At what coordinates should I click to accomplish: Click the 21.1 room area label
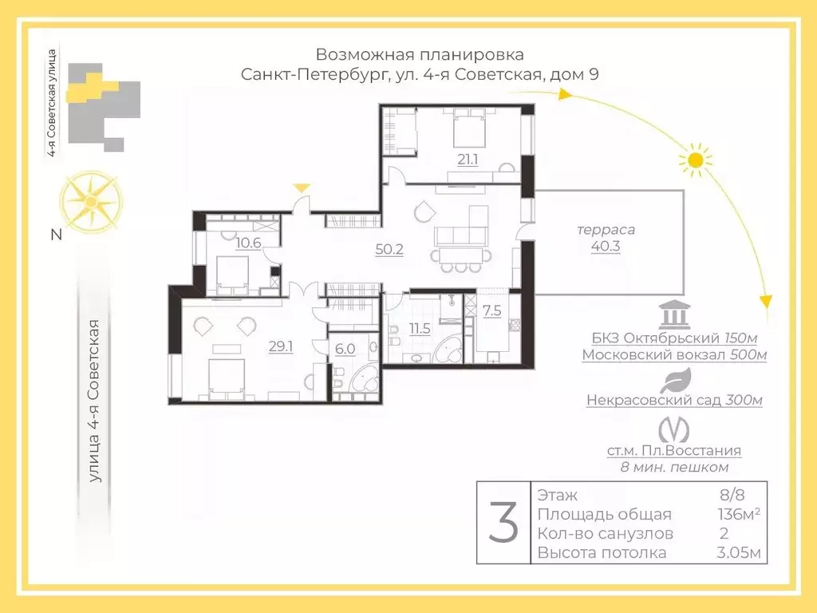pos(468,159)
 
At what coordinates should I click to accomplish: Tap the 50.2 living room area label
pos(389,248)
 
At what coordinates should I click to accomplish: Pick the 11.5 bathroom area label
pos(419,327)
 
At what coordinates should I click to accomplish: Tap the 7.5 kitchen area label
pos(492,310)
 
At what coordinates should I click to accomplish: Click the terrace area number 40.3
pos(606,247)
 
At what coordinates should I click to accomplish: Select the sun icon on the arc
pos(695,160)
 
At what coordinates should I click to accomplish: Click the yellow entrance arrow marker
pos(301,188)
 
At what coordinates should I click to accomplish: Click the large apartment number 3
pos(503,523)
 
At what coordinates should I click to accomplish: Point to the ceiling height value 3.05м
pos(738,553)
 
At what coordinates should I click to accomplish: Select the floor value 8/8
pos(732,495)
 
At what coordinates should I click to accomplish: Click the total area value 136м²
pos(738,514)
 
